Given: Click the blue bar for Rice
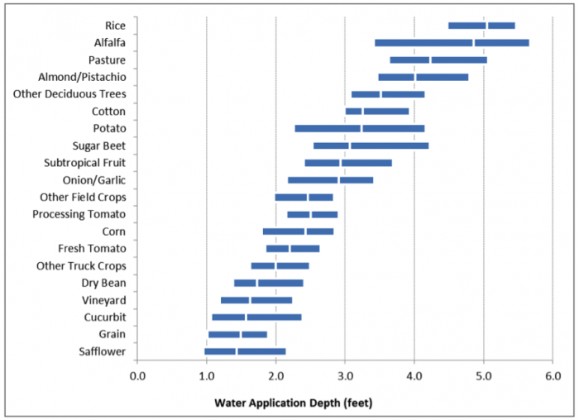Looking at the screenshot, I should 481,26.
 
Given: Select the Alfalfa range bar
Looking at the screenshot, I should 452,43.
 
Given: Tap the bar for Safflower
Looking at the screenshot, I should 245,351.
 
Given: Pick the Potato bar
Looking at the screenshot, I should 360,129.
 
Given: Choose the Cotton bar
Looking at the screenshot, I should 377,112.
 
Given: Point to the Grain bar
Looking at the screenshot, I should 237,335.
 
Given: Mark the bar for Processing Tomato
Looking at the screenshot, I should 312,215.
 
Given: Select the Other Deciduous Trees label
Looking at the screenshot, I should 69,94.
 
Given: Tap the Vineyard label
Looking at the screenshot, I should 103,300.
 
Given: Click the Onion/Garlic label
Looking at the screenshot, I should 94,180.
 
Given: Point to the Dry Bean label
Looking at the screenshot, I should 103,283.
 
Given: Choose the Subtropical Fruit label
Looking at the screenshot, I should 85,163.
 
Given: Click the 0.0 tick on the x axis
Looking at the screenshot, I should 137,377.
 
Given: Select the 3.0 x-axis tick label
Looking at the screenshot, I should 345,377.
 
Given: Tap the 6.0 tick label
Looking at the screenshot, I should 553,377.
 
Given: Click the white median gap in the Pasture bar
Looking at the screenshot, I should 430,60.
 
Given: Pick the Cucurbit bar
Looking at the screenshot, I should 256,317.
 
